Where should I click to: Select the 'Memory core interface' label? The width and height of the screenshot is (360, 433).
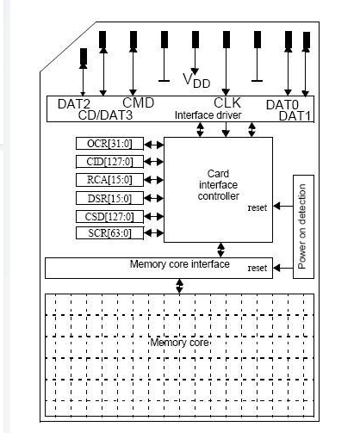[x=179, y=263]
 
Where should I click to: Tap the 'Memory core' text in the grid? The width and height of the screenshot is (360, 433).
[x=181, y=343]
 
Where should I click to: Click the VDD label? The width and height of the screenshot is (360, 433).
[x=196, y=80]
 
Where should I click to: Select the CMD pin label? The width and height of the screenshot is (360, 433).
[x=137, y=102]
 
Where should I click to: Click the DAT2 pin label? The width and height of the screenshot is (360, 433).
[x=73, y=103]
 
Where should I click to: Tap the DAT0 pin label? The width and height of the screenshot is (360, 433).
[x=282, y=105]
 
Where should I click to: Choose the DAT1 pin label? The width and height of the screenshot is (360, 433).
[x=294, y=115]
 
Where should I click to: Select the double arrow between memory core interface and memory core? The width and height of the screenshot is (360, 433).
[x=179, y=285]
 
